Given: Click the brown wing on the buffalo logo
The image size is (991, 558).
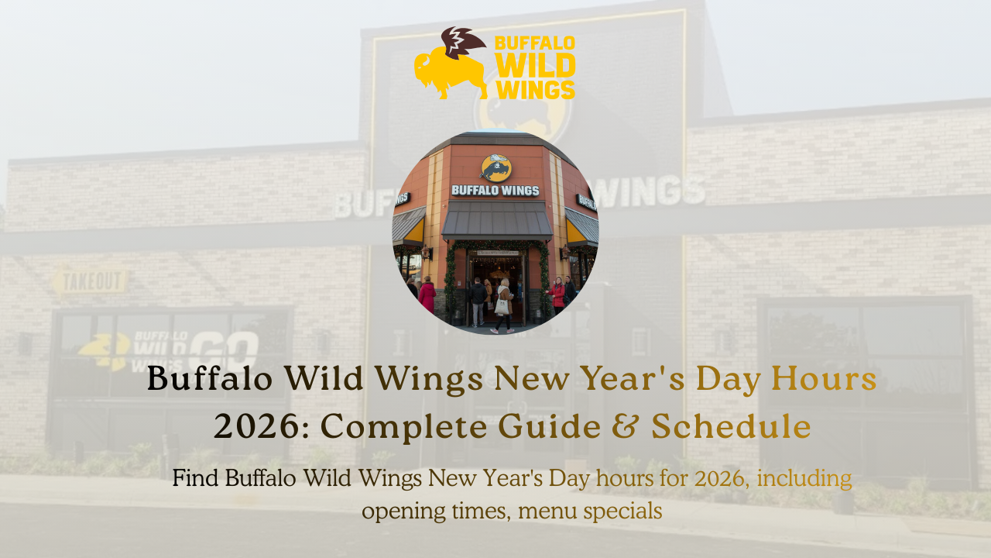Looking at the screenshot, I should coord(462,41).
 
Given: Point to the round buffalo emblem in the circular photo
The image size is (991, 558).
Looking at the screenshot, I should coord(495,167).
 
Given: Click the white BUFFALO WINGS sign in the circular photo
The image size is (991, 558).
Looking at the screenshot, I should coord(495,190).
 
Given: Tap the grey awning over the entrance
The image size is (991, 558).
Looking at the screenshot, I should coord(497,220).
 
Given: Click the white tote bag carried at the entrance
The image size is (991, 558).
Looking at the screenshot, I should coord(502,306).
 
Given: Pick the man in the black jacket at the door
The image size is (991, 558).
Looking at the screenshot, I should coord(478,298).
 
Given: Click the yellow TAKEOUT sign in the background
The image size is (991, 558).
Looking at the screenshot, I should coord(91,281).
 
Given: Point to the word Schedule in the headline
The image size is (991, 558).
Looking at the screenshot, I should coord(731,426).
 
